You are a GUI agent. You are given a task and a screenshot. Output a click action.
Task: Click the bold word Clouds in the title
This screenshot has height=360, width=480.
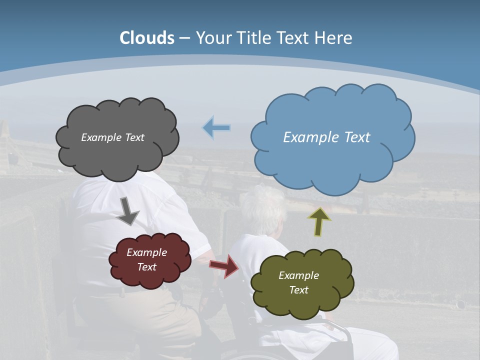click(147, 38)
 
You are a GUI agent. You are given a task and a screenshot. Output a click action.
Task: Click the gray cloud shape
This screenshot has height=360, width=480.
click(117, 155)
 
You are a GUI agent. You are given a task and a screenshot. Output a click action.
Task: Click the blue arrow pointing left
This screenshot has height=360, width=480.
click(216, 128)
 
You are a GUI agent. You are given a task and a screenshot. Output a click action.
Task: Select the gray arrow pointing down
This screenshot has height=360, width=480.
click(128, 210)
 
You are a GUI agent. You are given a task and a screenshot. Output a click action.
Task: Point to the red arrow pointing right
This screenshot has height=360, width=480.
click(224, 266)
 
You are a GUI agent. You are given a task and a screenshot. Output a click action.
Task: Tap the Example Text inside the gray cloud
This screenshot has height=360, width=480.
click(112, 137)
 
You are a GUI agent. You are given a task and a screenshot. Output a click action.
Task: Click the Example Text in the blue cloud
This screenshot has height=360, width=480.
click(326, 137)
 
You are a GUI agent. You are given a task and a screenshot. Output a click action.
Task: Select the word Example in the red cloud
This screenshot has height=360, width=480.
click(146, 252)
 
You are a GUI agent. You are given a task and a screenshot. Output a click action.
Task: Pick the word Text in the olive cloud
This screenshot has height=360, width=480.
click(298, 290)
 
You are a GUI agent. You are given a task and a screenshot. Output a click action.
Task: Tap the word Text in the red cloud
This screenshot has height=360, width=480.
click(146, 267)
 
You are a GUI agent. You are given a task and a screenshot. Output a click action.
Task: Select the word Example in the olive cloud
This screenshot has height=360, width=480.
click(298, 275)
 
